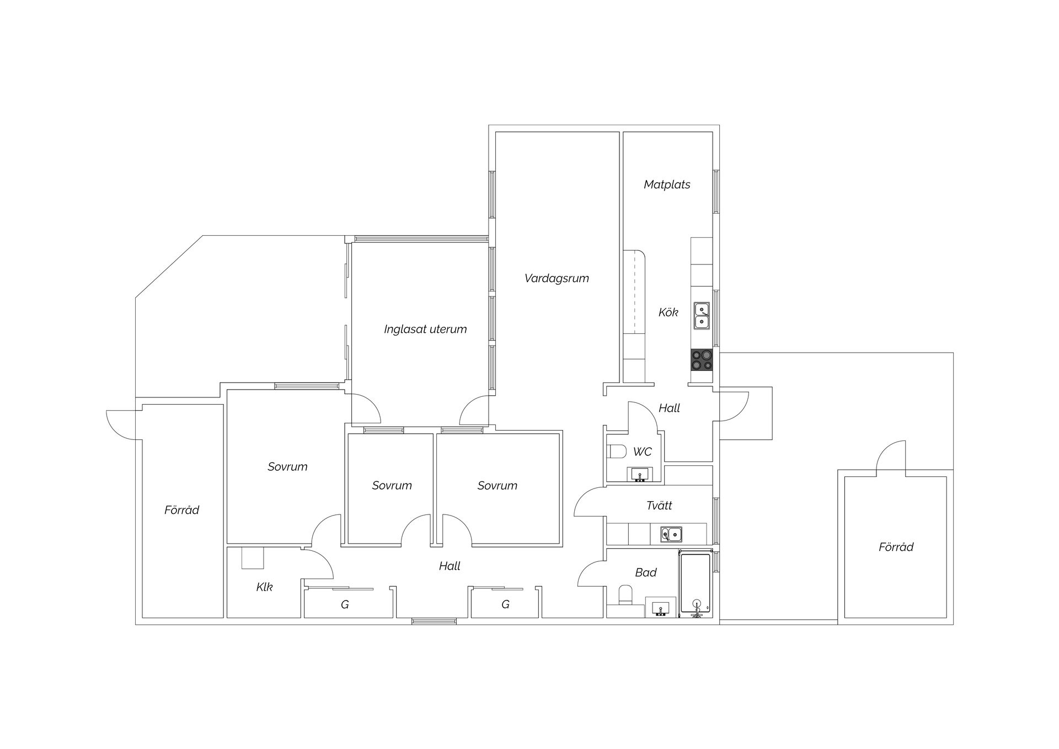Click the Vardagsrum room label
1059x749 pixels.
coord(557,279)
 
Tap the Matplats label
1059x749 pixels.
coord(667,184)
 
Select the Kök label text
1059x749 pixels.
coord(668,312)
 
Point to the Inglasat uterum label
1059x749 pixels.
coord(425,329)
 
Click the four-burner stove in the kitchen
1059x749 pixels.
coord(702,360)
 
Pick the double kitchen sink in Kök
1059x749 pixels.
coord(702,315)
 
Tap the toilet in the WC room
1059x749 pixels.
coord(616,451)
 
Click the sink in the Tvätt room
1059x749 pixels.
coord(672,534)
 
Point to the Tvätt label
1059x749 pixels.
coord(659,505)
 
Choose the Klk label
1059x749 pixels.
coord(264,587)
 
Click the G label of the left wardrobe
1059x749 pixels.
coord(345,604)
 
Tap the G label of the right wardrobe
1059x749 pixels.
coord(505,604)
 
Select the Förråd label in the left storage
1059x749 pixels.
coord(181,509)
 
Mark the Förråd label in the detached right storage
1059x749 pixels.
coord(896,546)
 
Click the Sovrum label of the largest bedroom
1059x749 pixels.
coord(287,466)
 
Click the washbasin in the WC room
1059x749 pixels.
coord(640,474)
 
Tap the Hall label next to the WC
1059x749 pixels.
coord(669,408)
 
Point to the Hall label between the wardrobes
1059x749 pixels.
coord(450,566)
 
